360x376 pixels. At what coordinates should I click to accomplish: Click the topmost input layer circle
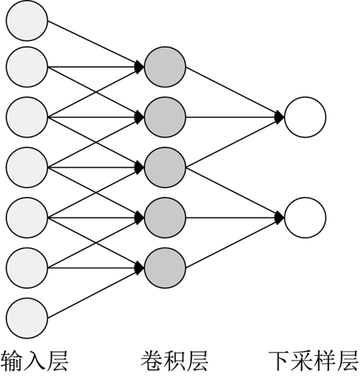click(27, 21)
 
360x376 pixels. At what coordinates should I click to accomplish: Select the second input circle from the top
click(27, 67)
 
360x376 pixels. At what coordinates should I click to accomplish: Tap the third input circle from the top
click(27, 117)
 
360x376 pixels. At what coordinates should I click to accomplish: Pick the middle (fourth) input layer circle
click(27, 168)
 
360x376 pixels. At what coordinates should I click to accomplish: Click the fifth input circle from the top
click(27, 218)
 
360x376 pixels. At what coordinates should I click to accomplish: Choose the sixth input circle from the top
click(27, 268)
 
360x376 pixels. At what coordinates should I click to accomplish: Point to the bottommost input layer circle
click(27, 318)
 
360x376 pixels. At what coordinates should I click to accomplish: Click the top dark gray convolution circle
click(165, 67)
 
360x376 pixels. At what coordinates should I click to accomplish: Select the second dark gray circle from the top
click(165, 117)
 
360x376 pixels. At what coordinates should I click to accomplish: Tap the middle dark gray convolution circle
click(165, 168)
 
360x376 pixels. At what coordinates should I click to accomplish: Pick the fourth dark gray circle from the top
click(165, 218)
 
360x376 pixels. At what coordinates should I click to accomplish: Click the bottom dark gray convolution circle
click(165, 268)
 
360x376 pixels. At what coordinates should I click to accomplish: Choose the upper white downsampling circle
click(305, 117)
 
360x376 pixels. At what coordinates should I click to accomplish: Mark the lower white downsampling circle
click(305, 218)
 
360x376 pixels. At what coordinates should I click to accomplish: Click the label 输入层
click(35, 361)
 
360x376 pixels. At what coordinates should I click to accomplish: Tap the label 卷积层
click(174, 361)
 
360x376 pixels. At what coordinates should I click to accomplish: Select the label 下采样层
click(314, 361)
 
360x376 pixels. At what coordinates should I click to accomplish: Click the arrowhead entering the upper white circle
click(280, 117)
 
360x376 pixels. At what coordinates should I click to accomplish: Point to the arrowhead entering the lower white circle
click(280, 218)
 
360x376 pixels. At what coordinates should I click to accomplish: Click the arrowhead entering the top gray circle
click(139, 67)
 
